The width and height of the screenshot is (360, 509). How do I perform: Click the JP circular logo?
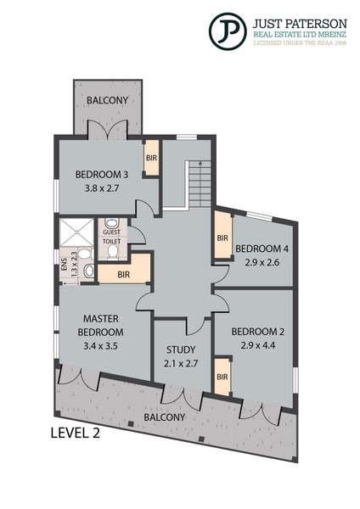pos(228,31)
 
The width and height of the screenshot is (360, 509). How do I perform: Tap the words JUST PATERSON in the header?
pos(300,24)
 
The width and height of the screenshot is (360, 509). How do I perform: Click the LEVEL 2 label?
pos(75,433)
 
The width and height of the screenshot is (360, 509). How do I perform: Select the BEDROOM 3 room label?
pos(102,174)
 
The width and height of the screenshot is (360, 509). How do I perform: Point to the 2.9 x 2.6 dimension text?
pos(262,262)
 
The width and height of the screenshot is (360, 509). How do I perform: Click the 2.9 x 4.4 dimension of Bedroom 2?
pos(258,345)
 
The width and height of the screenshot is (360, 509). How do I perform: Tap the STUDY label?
pos(181,350)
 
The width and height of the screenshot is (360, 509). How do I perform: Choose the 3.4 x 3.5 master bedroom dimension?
pos(100,346)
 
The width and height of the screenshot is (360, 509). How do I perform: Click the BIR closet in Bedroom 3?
pos(151,158)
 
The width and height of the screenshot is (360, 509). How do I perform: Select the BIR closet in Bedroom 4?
pos(222,238)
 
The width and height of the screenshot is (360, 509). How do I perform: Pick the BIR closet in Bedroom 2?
pos(222,377)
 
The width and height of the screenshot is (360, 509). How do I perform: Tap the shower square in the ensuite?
pos(77,232)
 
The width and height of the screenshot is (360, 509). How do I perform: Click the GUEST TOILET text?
pos(112,237)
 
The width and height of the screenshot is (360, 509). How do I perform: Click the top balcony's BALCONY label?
pos(108,100)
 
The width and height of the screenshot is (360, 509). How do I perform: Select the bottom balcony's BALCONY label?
pos(165,417)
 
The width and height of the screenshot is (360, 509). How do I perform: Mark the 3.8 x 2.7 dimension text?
pos(102,188)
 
